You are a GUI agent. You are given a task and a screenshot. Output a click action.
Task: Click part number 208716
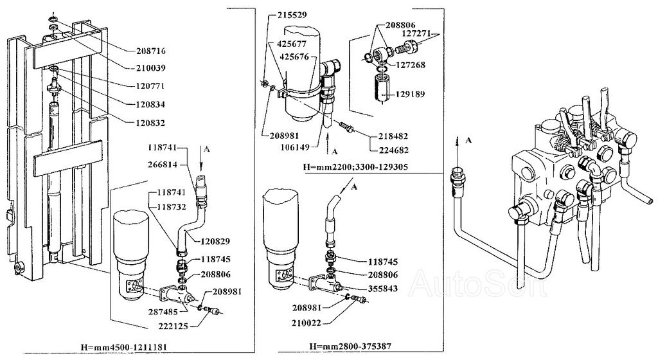click(151, 51)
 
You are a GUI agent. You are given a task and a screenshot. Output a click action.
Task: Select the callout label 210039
click(151, 68)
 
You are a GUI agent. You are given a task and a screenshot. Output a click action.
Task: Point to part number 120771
click(150, 86)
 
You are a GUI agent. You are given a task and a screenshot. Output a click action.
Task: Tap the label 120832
click(150, 123)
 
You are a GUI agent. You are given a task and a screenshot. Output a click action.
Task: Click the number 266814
click(162, 165)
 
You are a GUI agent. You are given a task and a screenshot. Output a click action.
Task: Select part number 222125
click(173, 326)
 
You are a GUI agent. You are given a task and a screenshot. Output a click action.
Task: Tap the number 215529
click(292, 15)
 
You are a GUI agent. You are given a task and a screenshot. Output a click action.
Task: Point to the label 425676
click(294, 57)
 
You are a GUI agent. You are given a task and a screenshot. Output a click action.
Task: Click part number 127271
click(416, 33)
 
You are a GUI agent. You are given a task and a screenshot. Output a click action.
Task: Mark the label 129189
click(411, 94)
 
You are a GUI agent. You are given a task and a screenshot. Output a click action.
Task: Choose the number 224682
click(393, 150)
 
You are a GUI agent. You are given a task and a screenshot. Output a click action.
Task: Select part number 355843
click(383, 289)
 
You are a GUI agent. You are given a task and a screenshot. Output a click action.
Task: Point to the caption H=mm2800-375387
click(350, 346)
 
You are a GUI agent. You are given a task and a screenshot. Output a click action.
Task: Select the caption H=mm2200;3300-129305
click(355, 167)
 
